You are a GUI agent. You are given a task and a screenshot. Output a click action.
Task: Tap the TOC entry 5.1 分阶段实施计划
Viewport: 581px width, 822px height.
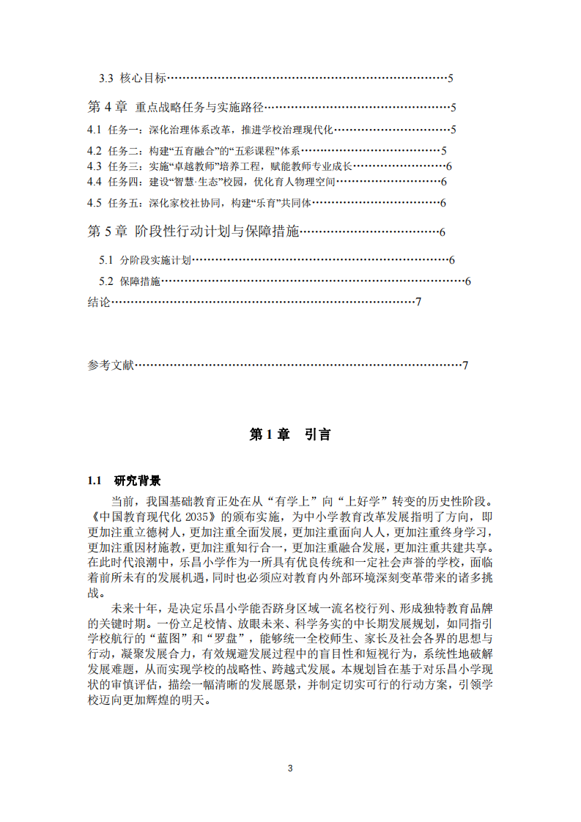click(145, 260)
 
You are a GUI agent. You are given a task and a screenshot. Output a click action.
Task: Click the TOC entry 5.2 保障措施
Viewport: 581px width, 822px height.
click(130, 281)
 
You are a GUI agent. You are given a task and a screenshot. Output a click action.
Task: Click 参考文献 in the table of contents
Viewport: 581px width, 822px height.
click(111, 366)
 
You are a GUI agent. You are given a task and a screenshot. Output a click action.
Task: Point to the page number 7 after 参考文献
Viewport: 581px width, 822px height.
click(465, 366)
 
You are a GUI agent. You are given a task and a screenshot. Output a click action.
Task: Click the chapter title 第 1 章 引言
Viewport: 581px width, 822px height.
click(290, 434)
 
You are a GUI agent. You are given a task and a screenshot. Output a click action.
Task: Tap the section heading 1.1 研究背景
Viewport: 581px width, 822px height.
click(124, 481)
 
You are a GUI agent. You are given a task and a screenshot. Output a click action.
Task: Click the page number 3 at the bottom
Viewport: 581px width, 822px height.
click(290, 769)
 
